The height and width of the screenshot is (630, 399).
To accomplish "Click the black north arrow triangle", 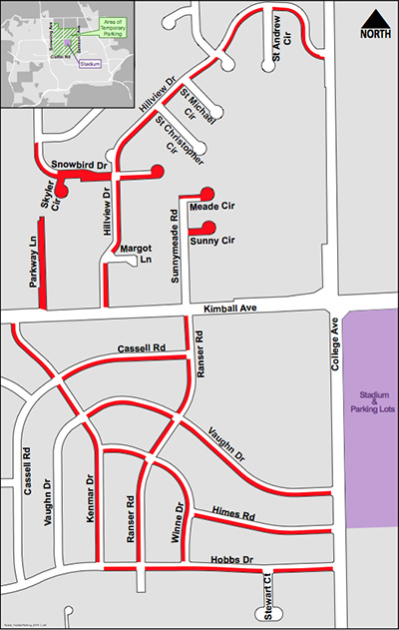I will pyautogui.click(x=375, y=18).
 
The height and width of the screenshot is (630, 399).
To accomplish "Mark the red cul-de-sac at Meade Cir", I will pyautogui.click(x=206, y=193).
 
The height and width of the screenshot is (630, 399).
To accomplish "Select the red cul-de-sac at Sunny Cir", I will pyautogui.click(x=208, y=229).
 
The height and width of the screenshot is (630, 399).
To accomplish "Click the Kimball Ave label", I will pyautogui.click(x=229, y=310).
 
